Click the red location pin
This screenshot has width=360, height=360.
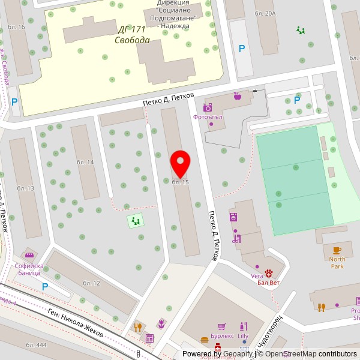pyautogui.click(x=181, y=163)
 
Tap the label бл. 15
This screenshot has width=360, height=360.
pyautogui.click(x=181, y=182)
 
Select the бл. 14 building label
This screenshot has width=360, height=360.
pyautogui.click(x=85, y=163)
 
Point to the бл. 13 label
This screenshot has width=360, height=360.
pyautogui.click(x=26, y=188)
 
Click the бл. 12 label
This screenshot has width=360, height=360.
pyautogui.click(x=91, y=283)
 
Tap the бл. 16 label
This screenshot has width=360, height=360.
pyautogui.click(x=17, y=27)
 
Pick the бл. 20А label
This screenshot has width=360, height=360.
pyautogui.click(x=265, y=13)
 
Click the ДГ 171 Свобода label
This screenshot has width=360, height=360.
pyautogui.click(x=133, y=35)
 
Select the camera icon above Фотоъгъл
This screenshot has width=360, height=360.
pyautogui.click(x=208, y=107)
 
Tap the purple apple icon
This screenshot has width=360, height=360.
pyautogui.click(x=237, y=95)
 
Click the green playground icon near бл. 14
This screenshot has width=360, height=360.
pyautogui.click(x=136, y=221)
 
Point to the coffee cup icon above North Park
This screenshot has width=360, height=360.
pyautogui.click(x=337, y=250)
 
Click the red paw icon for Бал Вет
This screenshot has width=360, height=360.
pyautogui.click(x=268, y=274)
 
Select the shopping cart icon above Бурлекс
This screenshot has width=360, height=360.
pyautogui.click(x=222, y=326)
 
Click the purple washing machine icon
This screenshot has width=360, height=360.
pyautogui.click(x=233, y=217)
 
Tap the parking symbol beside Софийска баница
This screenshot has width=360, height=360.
pyautogui.click(x=44, y=287)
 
